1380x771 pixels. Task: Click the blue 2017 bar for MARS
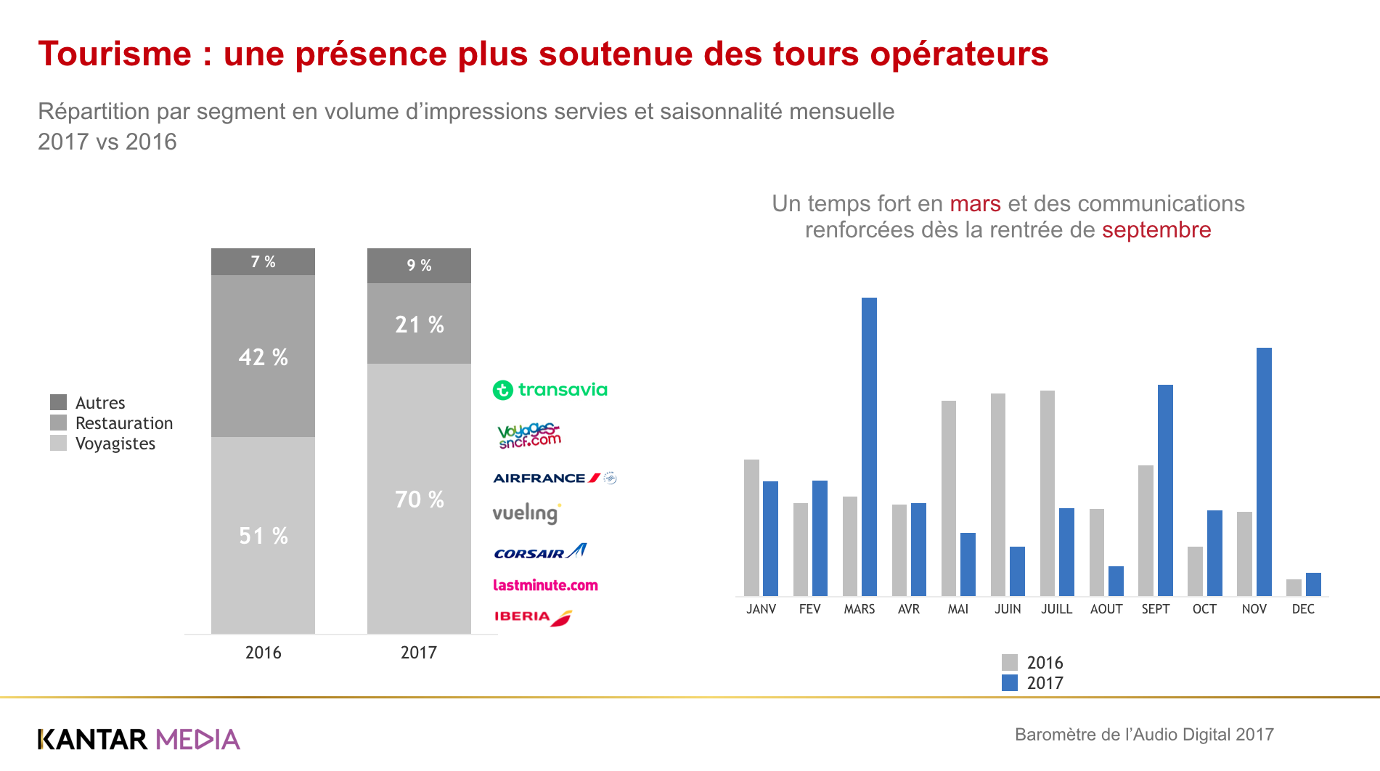click(x=869, y=446)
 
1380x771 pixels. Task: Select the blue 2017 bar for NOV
click(x=1264, y=472)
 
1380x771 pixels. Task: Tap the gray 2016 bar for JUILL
click(x=1047, y=493)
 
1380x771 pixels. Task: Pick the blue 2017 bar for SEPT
click(x=1165, y=490)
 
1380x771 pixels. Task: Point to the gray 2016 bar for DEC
click(x=1294, y=587)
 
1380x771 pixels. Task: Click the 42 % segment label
click(x=264, y=357)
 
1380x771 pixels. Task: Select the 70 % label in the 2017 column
click(x=420, y=499)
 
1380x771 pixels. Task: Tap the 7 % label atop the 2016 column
click(x=263, y=262)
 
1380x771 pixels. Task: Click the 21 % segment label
click(x=420, y=325)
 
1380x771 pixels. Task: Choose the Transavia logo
click(x=550, y=390)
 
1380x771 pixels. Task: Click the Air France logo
click(x=555, y=478)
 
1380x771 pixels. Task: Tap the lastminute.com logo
click(x=545, y=585)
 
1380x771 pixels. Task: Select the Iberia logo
click(x=534, y=617)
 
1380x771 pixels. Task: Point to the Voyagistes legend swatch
click(x=58, y=443)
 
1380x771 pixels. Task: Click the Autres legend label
click(x=100, y=403)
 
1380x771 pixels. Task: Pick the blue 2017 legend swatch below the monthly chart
click(x=1009, y=682)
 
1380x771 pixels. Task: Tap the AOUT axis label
click(x=1106, y=609)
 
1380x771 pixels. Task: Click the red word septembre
click(x=1156, y=230)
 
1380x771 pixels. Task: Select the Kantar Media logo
click(x=139, y=739)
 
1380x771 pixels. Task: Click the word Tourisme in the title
click(x=115, y=54)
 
